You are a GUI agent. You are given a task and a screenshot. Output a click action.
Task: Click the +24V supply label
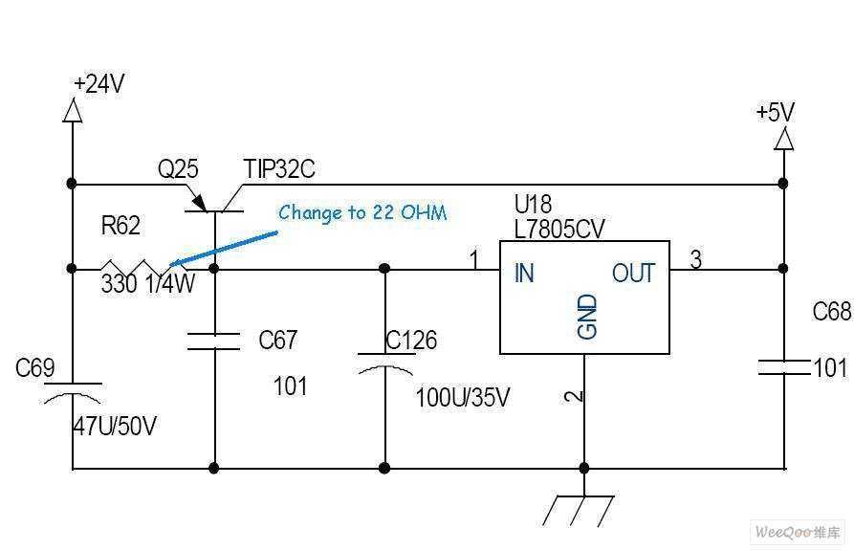coord(99,84)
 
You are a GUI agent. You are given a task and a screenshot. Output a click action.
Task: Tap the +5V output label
coord(775,112)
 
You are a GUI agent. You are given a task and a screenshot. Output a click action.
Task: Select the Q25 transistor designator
coord(178,169)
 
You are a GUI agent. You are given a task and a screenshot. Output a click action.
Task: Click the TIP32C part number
coord(279,169)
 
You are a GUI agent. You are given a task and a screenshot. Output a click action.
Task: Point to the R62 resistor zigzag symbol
coord(143,268)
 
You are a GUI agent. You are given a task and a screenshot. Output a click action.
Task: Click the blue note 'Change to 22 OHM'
coord(362,212)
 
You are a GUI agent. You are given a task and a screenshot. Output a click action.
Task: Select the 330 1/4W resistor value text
coord(147,284)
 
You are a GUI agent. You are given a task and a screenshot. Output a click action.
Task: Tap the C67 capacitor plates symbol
coord(213,342)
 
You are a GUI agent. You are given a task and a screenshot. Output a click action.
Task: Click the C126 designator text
coord(411,341)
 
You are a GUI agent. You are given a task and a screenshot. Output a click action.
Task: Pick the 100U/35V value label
coord(463,397)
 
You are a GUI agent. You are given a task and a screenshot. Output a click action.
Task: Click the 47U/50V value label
coord(115,426)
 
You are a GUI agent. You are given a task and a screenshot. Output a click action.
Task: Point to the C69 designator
coord(34,368)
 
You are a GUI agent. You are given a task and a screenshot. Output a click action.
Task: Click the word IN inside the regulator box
coord(524,273)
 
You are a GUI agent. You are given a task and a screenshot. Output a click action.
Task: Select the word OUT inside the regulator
coord(633,273)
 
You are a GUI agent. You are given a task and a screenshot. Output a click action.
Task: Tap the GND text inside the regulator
coord(587,317)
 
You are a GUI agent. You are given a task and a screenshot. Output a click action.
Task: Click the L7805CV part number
coord(559,230)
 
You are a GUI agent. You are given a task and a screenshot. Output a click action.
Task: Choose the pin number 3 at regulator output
coord(695,259)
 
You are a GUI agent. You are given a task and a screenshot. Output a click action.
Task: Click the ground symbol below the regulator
coord(579,511)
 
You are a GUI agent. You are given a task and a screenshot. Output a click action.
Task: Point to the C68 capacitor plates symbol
coord(784,367)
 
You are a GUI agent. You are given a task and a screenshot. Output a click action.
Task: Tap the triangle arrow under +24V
coord(73,111)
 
